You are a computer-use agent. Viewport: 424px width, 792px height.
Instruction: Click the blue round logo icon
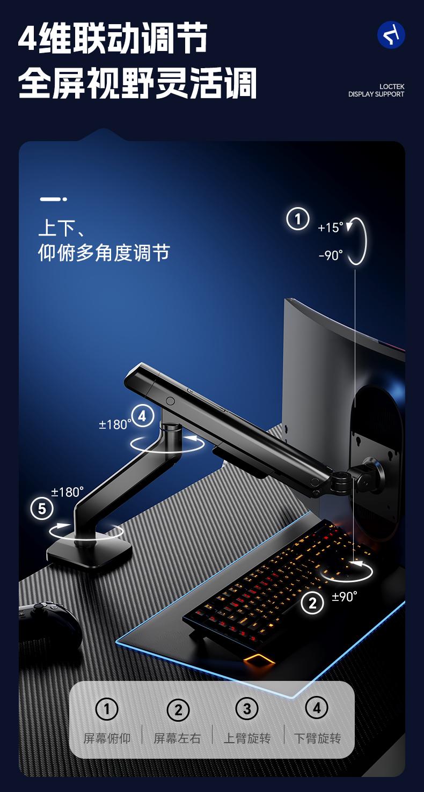click(391, 35)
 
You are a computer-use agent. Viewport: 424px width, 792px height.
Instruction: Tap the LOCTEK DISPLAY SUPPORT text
click(376, 91)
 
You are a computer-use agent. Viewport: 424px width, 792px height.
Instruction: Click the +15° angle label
click(330, 228)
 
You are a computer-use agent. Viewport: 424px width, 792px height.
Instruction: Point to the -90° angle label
click(331, 255)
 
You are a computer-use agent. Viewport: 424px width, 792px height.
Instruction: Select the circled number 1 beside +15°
click(298, 219)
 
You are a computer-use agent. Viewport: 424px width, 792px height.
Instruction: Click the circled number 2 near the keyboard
click(312, 603)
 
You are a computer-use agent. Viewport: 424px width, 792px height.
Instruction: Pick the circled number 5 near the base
click(42, 509)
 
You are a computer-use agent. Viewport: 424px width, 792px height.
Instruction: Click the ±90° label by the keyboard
click(344, 597)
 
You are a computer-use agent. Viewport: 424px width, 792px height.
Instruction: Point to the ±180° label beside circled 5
click(67, 492)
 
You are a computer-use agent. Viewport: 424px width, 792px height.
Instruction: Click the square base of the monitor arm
click(89, 553)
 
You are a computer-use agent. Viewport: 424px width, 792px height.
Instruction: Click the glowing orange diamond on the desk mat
click(259, 659)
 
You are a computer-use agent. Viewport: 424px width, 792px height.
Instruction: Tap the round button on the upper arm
click(170, 401)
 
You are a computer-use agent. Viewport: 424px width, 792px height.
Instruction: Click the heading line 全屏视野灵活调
click(137, 84)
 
